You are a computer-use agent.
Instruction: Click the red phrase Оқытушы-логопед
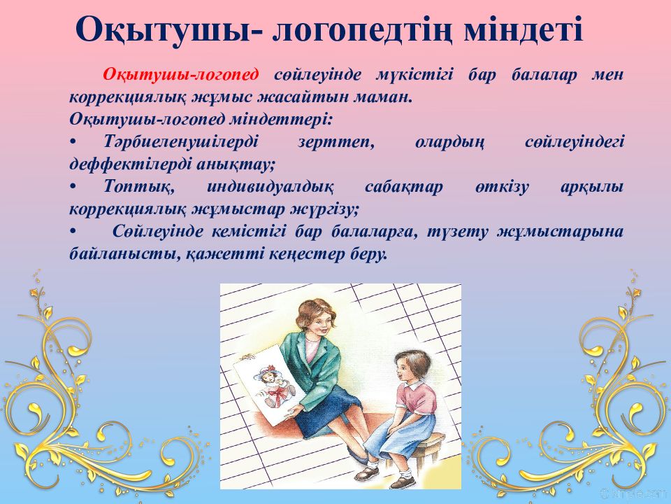click(x=180, y=75)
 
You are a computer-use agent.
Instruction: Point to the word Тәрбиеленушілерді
click(x=181, y=142)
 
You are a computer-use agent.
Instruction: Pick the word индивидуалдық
click(x=270, y=188)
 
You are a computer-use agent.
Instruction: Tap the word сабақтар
click(x=403, y=188)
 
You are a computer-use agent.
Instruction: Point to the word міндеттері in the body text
click(x=281, y=119)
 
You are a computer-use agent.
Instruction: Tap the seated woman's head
click(x=315, y=317)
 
